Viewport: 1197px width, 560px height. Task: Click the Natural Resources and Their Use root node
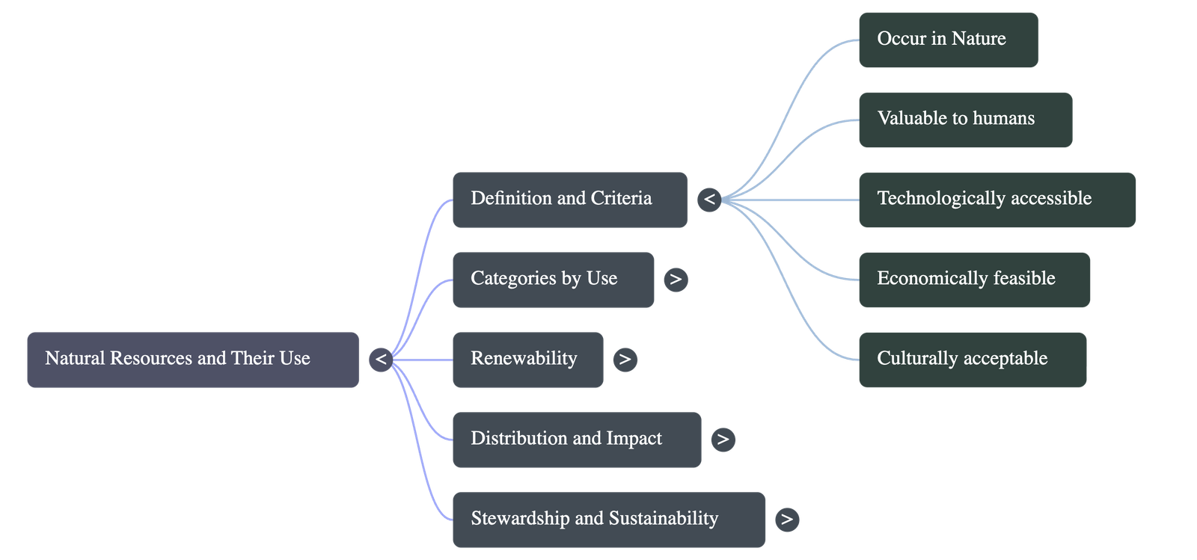pos(192,360)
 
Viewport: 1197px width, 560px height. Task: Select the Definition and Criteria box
pos(569,200)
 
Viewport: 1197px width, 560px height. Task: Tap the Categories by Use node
pos(553,280)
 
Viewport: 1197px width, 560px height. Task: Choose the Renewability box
pos(527,360)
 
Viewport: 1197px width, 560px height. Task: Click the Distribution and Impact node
pos(577,440)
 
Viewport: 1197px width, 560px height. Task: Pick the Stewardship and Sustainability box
pos(608,520)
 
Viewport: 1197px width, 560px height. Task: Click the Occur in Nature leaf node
pos(948,40)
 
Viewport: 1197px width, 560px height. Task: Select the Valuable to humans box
pos(965,120)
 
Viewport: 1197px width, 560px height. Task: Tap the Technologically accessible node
pos(997,200)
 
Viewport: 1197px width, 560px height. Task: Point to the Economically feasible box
pos(974,280)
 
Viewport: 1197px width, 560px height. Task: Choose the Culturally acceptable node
pos(972,360)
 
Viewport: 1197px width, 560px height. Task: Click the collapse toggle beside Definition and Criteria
pos(709,200)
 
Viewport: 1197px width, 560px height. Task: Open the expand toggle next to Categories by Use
pos(676,280)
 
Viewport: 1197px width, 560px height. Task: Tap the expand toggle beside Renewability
pos(625,360)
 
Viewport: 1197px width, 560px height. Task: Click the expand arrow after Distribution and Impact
pos(723,440)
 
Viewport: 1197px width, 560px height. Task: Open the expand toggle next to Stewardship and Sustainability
pos(786,520)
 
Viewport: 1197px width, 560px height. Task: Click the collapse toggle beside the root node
pos(381,360)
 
